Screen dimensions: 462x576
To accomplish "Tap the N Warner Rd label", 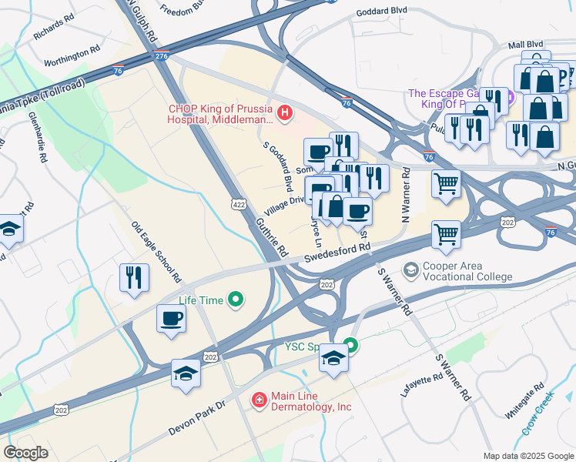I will tap(405, 205).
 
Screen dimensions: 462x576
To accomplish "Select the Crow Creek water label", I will tap(538, 415).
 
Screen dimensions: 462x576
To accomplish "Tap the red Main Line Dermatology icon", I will tap(260, 400).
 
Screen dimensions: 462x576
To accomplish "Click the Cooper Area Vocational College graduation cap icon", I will tap(411, 270).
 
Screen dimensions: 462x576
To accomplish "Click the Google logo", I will tap(26, 453).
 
